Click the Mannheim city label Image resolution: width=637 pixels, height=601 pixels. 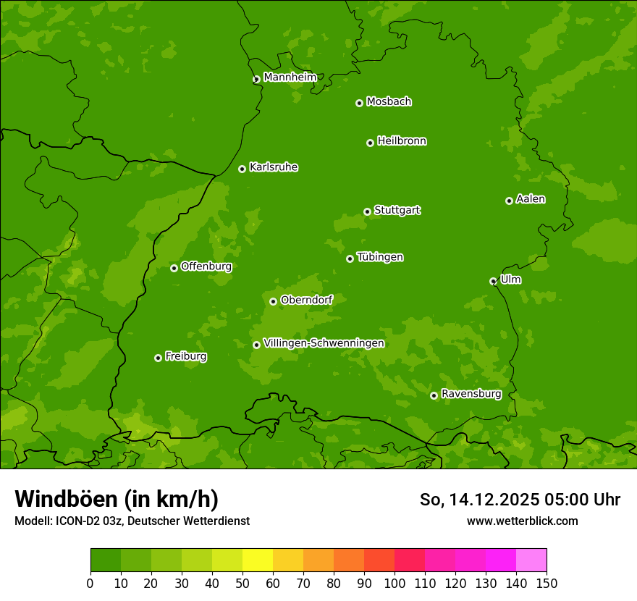coord(290,77)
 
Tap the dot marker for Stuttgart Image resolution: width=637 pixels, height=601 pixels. coord(367,211)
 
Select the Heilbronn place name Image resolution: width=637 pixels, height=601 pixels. coord(402,140)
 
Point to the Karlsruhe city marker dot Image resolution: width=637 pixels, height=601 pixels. coord(242,169)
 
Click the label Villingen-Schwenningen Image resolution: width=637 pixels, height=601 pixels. coord(324,342)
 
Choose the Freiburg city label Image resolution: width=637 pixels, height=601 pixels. coord(185,356)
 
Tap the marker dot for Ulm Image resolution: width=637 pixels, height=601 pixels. coord(493,281)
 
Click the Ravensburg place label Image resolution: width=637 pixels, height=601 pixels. coord(471,393)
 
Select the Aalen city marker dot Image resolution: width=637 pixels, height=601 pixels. coord(509,201)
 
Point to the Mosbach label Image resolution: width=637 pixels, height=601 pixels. coord(389,101)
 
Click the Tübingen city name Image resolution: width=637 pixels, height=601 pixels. coord(380,256)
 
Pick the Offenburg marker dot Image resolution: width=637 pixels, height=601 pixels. coord(174,268)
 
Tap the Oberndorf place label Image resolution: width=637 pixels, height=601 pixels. coord(306,299)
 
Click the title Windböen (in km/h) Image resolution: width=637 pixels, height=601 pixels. coord(117,499)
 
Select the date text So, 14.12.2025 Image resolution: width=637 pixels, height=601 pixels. coord(478,500)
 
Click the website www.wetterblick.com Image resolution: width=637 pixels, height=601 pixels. coord(522,521)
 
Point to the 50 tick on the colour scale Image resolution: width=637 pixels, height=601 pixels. coord(242,583)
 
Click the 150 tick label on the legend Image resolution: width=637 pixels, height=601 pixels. coord(547,583)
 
